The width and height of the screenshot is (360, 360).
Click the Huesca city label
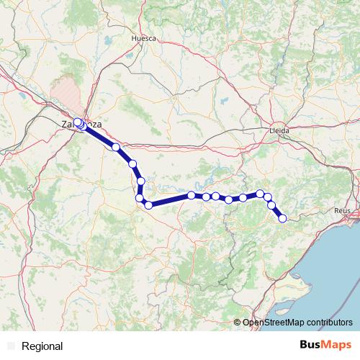click(144, 37)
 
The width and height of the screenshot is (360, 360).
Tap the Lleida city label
click(278, 131)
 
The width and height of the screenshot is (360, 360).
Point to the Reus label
click(342, 210)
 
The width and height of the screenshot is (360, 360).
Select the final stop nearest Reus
click(283, 218)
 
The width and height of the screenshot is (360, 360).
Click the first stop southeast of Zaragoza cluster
click(116, 147)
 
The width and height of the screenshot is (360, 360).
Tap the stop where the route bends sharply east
click(148, 205)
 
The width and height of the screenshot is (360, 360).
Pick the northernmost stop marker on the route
click(78, 122)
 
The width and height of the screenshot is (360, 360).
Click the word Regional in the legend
click(42, 346)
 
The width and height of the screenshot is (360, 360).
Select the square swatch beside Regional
click(10, 346)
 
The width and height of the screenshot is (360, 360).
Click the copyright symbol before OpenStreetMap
click(238, 322)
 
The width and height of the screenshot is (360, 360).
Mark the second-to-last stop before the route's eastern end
click(272, 205)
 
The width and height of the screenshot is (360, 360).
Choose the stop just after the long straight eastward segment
click(192, 195)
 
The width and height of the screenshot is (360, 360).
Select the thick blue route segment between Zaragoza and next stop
click(99, 136)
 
